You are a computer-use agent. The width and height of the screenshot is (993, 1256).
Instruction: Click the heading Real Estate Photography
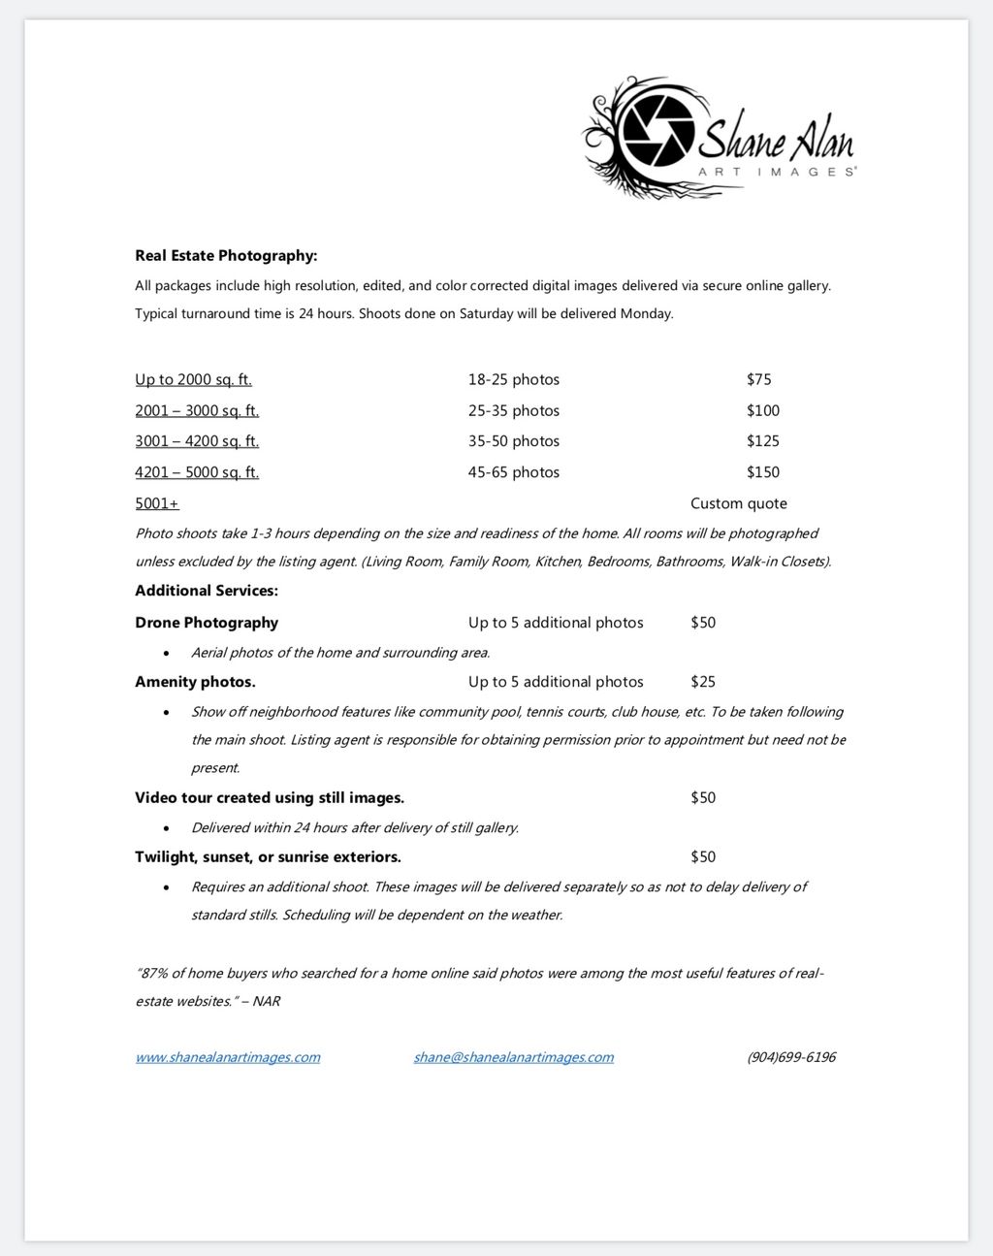coord(226,256)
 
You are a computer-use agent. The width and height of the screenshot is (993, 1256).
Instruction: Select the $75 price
coord(758,379)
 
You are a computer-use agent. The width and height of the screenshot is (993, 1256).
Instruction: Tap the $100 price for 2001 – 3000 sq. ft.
coord(762,410)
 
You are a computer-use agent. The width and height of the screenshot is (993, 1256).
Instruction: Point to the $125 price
coord(762,441)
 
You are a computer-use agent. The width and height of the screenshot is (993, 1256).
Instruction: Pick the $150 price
coord(762,472)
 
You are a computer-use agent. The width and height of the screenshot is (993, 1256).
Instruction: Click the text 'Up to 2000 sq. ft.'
coord(193,379)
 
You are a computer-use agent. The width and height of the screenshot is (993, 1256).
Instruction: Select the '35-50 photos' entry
coord(513,441)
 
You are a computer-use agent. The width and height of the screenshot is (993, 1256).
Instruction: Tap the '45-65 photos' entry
coord(513,472)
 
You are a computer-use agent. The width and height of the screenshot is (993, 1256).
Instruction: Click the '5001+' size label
coord(157,503)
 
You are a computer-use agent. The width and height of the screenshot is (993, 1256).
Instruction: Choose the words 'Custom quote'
coord(738,503)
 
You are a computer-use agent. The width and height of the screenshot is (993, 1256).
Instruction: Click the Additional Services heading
coord(207,591)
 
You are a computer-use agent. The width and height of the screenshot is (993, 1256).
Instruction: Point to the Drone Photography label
coord(207,623)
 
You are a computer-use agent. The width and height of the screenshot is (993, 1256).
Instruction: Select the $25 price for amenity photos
coord(702,682)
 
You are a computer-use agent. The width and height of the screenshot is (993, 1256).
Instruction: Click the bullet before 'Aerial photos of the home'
coord(167,653)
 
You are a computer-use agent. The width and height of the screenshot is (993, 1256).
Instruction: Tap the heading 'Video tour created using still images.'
coord(270,798)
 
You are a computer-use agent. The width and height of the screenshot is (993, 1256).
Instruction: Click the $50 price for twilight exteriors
coord(702,856)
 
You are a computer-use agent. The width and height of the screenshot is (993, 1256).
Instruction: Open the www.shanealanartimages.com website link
coord(227,1057)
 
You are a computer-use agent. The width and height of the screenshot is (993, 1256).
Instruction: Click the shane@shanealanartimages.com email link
coord(513,1057)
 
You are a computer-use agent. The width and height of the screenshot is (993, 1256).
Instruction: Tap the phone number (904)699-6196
coord(790,1057)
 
